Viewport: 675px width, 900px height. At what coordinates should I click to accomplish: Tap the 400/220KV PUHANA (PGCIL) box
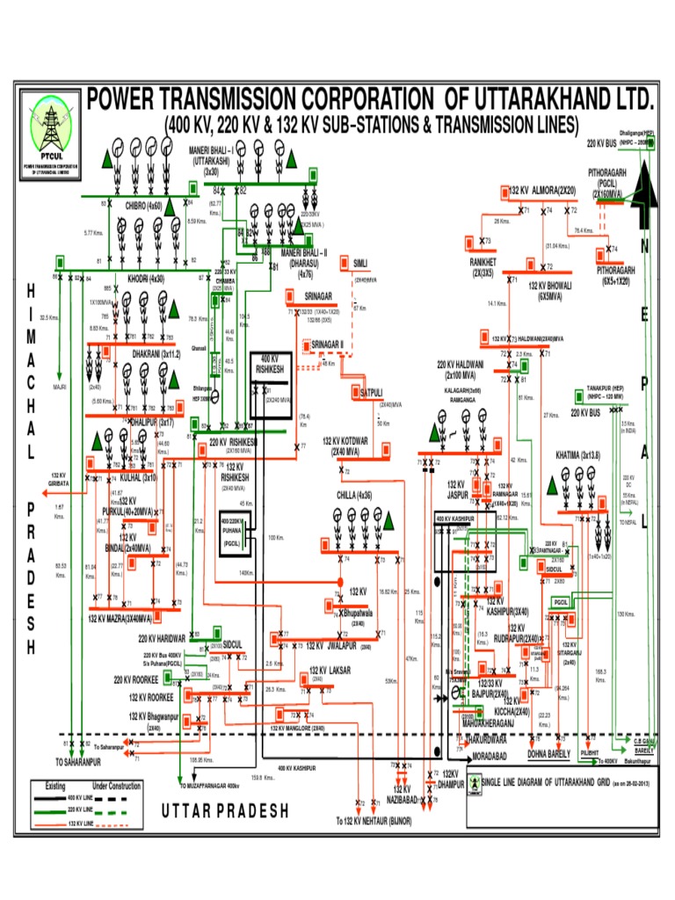coord(236,530)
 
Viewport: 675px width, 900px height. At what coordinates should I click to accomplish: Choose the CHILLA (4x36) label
coord(357,495)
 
